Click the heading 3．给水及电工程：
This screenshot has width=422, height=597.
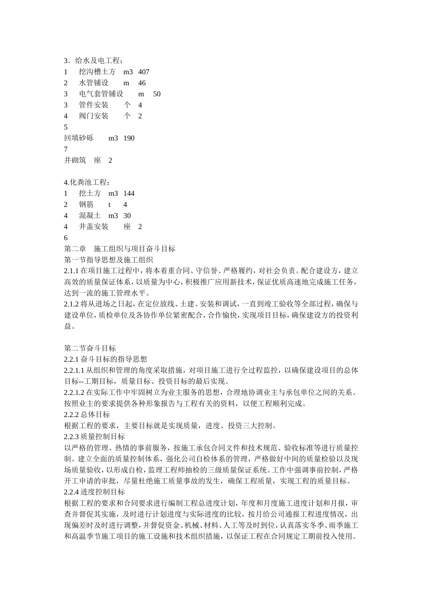pos(94,61)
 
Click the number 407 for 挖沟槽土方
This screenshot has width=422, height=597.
pos(144,72)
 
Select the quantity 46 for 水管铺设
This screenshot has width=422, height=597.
pos(142,83)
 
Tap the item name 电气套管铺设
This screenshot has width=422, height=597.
pos(101,94)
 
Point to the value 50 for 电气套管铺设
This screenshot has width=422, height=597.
pos(157,94)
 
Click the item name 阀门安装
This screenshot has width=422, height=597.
pos(94,116)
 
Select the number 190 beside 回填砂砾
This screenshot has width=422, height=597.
pos(129,138)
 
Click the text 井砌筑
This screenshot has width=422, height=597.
pos(75,160)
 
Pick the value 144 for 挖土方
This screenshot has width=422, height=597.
pos(129,194)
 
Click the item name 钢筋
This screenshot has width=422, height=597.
pos(87,205)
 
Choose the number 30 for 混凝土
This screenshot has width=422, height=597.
pos(127,216)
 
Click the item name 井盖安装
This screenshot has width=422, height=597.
pos(94,227)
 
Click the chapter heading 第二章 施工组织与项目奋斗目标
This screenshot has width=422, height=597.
pos(120,249)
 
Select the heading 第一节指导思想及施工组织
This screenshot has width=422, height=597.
pos(109,260)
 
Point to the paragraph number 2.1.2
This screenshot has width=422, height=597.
pos(72,304)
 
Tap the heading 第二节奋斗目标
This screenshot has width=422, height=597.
pos(90,348)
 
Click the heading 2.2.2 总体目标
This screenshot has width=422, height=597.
pos(87,414)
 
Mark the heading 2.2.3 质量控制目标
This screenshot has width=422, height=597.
pos(95,437)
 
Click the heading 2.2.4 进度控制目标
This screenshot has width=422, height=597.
pos(95,492)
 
